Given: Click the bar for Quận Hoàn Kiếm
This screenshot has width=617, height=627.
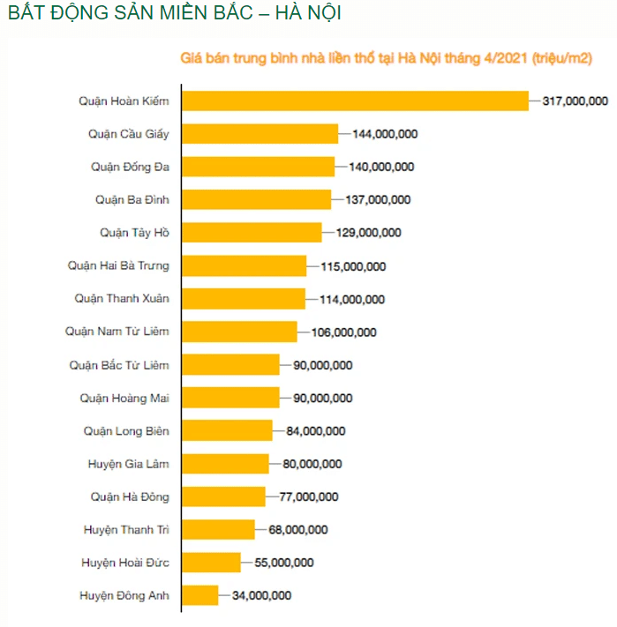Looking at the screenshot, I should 355,101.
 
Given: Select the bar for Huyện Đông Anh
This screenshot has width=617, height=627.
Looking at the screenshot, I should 200,595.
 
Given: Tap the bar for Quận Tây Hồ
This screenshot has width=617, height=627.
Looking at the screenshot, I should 252,233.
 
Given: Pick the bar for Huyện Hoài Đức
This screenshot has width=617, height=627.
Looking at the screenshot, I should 212,563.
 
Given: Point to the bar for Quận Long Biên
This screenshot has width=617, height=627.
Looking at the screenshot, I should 228,430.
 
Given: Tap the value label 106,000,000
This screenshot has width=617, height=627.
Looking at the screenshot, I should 343,332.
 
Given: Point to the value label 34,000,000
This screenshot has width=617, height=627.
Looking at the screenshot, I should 261,596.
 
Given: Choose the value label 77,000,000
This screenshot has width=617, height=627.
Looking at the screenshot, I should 308,497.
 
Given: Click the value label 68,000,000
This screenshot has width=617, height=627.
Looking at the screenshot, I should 297,530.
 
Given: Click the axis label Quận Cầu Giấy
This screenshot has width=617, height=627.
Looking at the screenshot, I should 129,134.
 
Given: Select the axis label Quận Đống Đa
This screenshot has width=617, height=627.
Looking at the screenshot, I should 130,167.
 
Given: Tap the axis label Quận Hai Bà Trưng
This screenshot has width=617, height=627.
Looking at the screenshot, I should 118,265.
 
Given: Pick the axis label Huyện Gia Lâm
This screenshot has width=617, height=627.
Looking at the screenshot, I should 128,464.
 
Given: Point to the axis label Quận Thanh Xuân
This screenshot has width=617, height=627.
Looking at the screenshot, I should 122,299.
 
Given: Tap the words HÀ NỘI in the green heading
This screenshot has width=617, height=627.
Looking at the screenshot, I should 300,14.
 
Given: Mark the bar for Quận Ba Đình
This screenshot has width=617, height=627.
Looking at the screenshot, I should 256,199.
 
